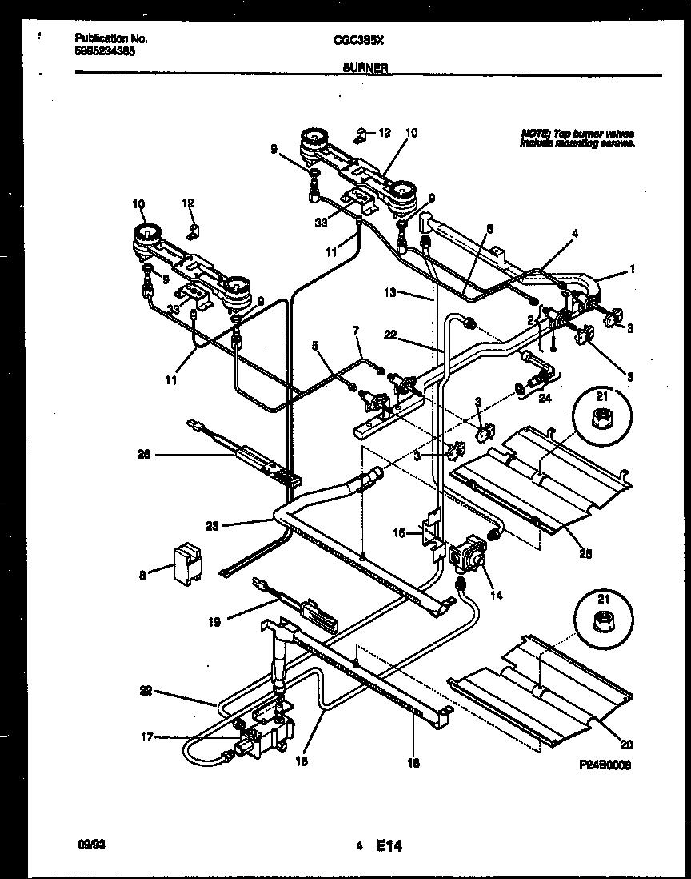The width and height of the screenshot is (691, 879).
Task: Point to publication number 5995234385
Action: tap(105, 49)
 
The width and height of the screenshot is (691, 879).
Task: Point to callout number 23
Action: tap(212, 526)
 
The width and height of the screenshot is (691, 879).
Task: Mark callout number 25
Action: tap(585, 552)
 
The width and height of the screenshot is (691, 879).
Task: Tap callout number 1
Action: tap(632, 270)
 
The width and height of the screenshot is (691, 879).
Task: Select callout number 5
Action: tap(316, 346)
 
